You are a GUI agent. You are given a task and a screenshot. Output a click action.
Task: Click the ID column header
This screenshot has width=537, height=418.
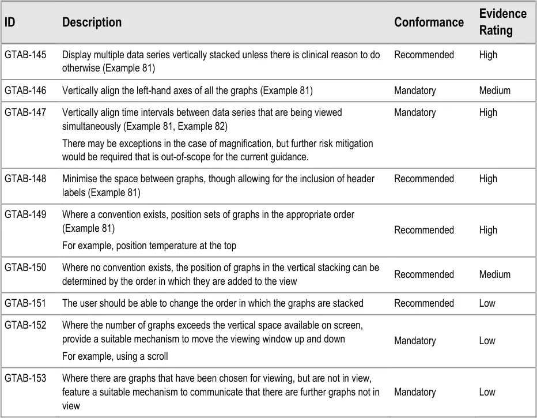10,22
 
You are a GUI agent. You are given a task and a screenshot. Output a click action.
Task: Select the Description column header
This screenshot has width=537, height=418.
92,22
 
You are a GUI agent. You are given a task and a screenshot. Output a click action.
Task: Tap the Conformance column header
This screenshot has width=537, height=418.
429,22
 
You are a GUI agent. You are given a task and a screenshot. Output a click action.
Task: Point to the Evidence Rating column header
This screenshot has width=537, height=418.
502,22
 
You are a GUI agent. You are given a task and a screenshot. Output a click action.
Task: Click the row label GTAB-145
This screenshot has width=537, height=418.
25,55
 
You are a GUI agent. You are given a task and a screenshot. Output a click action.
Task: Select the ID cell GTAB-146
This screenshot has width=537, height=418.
25,91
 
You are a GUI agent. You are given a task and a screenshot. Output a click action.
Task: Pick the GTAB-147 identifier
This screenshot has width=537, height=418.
25,112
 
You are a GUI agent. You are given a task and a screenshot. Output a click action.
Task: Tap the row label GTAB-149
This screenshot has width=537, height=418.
25,214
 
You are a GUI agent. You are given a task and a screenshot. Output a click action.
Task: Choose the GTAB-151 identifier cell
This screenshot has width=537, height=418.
25,303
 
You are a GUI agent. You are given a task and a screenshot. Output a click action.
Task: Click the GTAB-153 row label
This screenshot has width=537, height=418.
25,378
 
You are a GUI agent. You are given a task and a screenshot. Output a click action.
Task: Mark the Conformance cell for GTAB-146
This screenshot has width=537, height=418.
415,91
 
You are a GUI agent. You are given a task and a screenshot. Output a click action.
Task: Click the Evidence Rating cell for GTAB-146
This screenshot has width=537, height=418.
494,91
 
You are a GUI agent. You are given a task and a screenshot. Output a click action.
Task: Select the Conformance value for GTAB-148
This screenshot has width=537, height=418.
423,179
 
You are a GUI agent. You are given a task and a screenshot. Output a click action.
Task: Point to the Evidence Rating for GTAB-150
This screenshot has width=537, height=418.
494,274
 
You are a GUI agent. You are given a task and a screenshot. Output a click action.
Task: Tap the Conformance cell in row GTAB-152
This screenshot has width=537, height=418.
415,341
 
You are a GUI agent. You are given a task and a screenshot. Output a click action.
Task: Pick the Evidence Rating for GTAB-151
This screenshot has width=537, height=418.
487,303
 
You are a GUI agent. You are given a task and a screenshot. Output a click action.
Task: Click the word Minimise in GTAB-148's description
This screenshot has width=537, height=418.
79,179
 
